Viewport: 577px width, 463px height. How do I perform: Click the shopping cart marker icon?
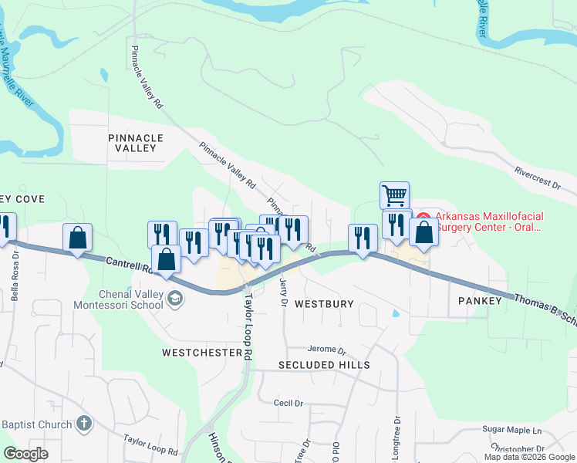coord(394,195)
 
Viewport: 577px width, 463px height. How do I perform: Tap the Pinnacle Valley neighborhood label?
coord(137,143)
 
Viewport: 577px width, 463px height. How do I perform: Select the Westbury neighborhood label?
coord(324,304)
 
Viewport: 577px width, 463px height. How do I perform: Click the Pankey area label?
coord(479,300)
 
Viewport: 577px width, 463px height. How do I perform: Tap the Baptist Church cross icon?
coord(84,424)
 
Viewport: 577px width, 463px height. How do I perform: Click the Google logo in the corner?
coord(25,454)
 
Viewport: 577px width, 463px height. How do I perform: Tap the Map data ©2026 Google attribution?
coord(529,457)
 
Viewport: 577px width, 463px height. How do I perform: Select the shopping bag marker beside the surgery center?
coord(423,231)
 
